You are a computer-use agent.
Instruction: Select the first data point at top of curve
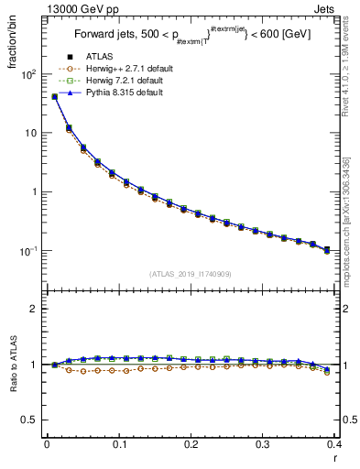[54, 96]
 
